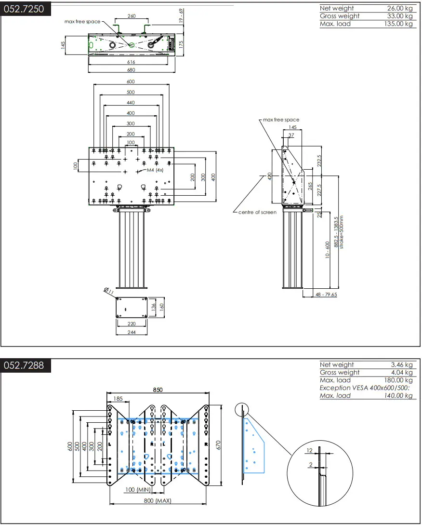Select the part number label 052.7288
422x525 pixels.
(24, 366)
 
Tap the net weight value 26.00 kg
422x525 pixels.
(400, 8)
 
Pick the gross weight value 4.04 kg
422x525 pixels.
(402, 373)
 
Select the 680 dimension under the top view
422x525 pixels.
(131, 70)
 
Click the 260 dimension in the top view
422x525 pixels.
(131, 16)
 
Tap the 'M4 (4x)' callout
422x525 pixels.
(156, 170)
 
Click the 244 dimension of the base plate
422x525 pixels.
(131, 332)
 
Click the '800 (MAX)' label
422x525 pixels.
(157, 501)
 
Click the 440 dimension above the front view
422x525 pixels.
(131, 103)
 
